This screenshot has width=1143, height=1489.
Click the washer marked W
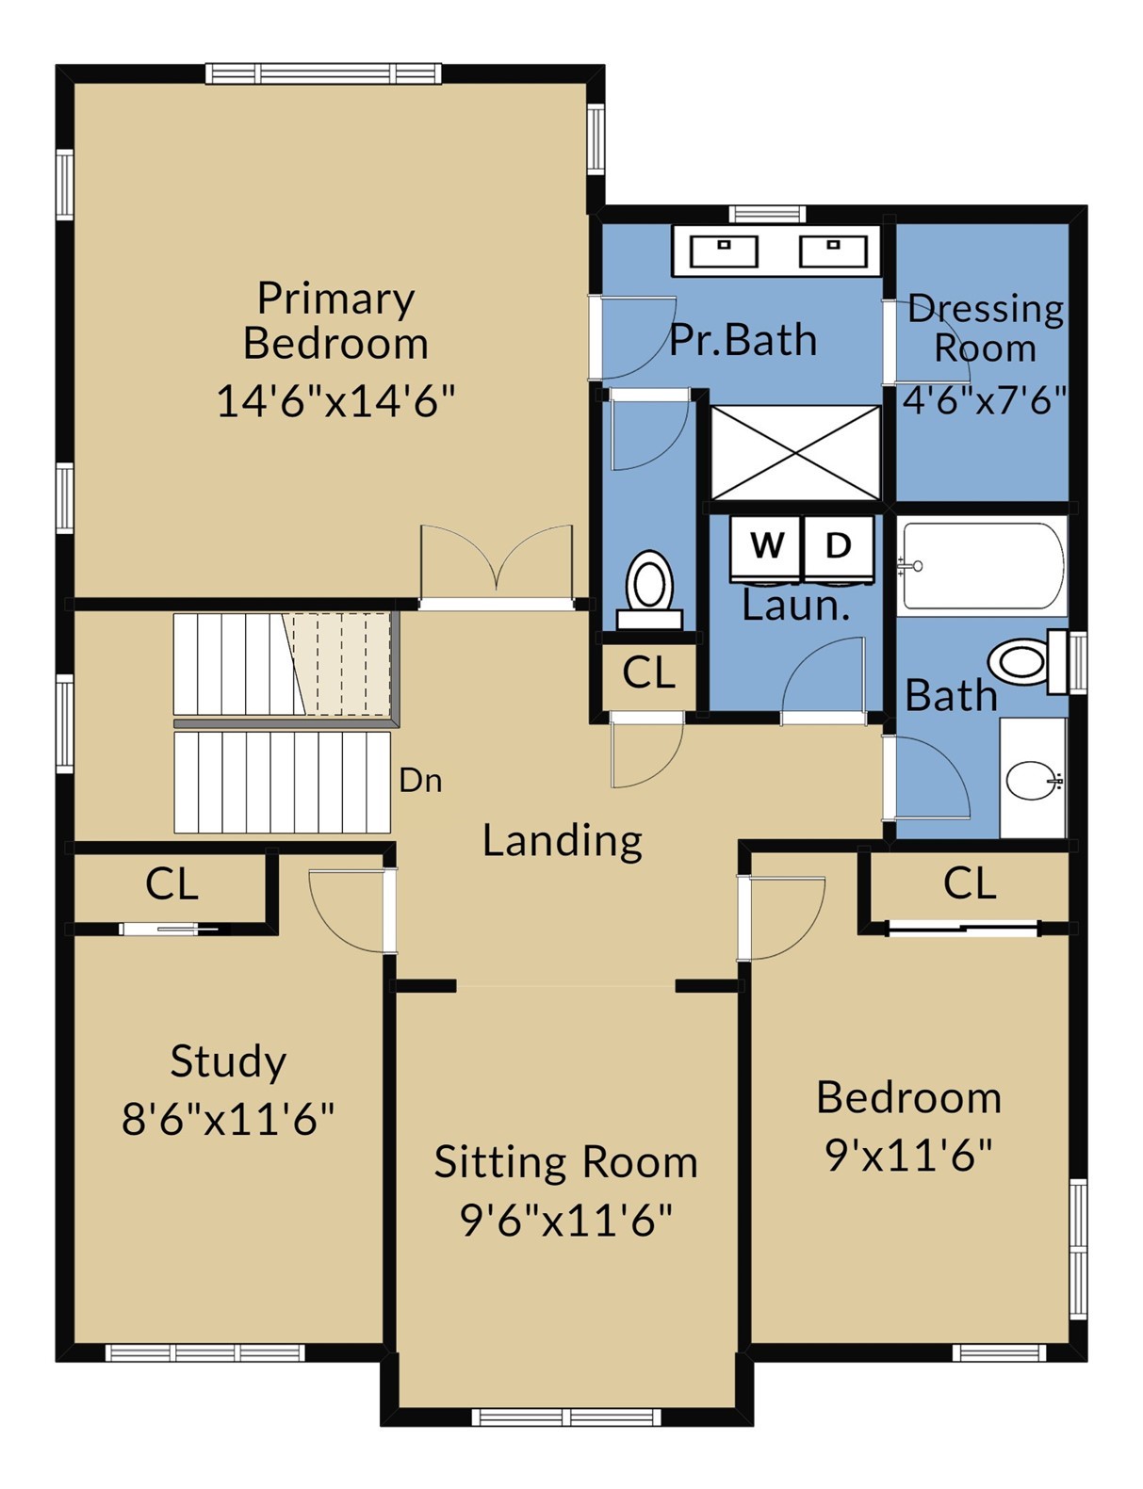[766, 548]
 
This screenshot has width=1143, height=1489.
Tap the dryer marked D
[839, 548]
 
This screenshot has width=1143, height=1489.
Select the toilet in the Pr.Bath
[649, 590]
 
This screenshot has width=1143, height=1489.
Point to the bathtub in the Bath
[984, 565]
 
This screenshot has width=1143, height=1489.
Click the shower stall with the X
[795, 452]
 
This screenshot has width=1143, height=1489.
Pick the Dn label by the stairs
[420, 781]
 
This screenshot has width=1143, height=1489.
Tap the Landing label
[563, 842]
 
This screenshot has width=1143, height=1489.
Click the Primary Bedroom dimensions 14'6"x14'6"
[335, 401]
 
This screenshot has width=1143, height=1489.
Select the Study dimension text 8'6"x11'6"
[228, 1119]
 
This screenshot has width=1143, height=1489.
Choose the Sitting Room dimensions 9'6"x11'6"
[566, 1221]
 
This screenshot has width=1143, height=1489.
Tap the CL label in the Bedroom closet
[970, 883]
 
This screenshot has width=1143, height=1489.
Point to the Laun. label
[796, 607]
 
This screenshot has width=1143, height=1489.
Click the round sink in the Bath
[1031, 780]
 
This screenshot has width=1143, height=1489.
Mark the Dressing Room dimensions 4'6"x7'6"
[984, 400]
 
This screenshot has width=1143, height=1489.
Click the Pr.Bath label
[743, 340]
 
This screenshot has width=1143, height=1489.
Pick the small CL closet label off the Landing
[649, 672]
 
